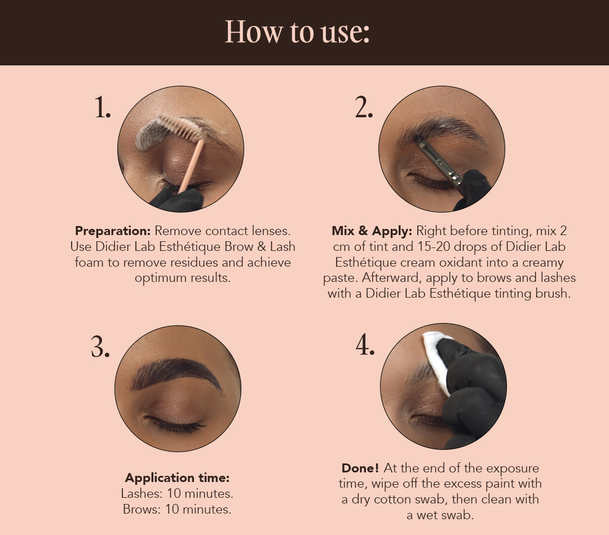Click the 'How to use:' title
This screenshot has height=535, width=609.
coord(297,32)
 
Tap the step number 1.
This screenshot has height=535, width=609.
coord(103,107)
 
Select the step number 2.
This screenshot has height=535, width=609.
coord(364,107)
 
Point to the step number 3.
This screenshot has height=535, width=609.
coord(100,347)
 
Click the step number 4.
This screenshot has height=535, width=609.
coord(365,345)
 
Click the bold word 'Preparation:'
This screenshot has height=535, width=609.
coord(113,231)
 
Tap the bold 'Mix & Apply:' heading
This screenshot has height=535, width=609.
coord(372,231)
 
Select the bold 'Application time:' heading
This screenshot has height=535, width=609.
coord(177,478)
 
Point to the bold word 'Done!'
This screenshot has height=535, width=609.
coord(360,468)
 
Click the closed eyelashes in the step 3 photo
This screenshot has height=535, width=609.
coord(175,425)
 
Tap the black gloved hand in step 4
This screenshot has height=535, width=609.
coord(472,392)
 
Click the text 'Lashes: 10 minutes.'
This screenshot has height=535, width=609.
coord(177,493)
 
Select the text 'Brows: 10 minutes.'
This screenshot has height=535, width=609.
coord(177,509)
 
